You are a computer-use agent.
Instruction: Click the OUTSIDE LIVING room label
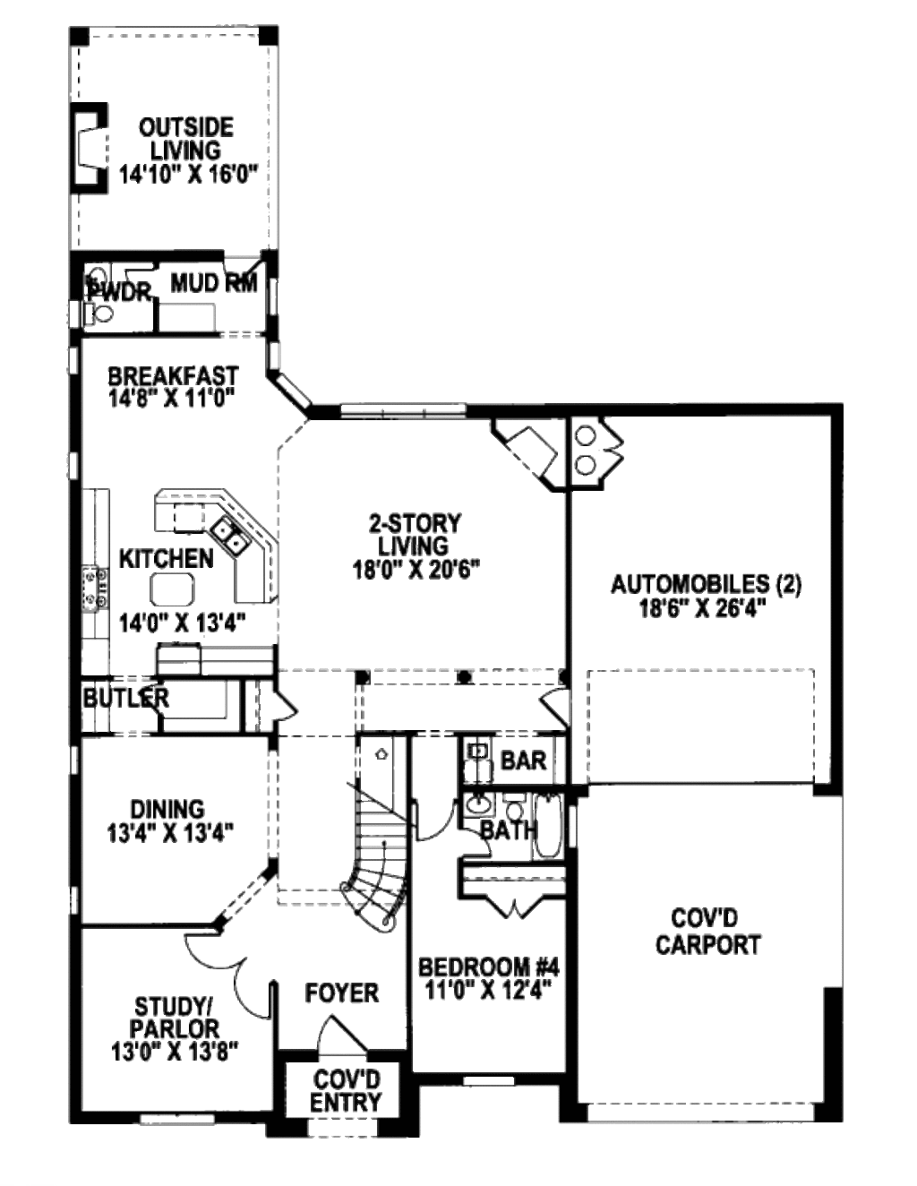(x=186, y=139)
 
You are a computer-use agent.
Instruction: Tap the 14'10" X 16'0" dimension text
(x=188, y=176)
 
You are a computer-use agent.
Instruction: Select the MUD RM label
(x=214, y=283)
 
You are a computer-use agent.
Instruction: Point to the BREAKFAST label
(x=173, y=376)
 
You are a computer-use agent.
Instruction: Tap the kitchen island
(x=172, y=589)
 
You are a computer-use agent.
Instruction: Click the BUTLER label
(x=126, y=698)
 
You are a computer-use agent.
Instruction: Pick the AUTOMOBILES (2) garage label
(x=706, y=585)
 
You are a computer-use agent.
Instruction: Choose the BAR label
(x=523, y=761)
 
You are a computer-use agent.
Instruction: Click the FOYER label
(x=341, y=993)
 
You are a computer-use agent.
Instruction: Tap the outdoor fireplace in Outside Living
(x=89, y=148)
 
